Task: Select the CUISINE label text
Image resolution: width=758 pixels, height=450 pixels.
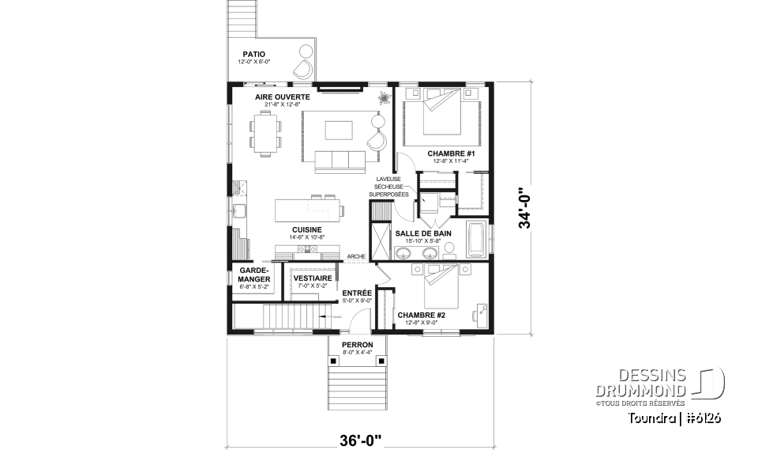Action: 306,229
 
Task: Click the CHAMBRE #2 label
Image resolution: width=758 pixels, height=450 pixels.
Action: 422,315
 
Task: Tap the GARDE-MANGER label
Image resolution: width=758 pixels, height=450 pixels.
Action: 254,275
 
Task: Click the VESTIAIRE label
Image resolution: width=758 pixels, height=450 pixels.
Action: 310,278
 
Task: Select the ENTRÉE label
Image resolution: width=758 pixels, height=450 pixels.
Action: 357,293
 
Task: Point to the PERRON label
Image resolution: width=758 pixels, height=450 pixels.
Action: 357,346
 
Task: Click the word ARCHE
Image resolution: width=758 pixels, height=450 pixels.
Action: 355,256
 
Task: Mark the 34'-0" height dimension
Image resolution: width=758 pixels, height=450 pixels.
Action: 523,208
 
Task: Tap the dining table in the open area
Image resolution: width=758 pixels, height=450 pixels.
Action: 266,133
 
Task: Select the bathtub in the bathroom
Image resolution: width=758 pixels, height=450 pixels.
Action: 477,240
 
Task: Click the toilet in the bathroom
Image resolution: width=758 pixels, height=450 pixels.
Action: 449,250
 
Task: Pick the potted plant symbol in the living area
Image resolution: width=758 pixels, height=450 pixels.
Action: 384,99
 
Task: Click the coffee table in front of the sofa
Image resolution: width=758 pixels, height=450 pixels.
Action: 340,129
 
